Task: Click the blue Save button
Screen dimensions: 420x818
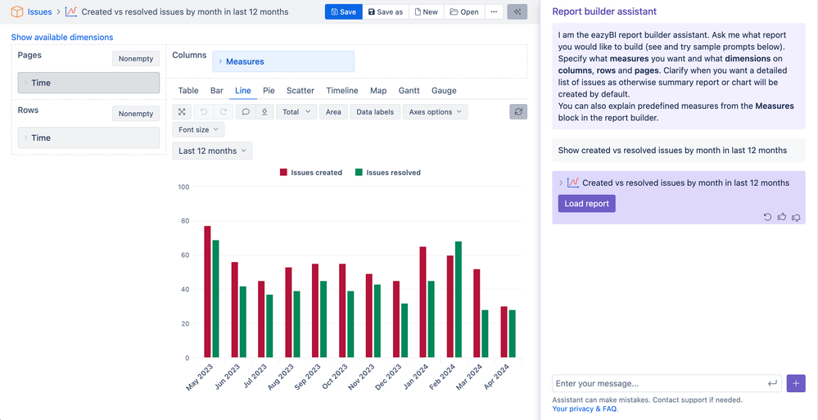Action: pyautogui.click(x=344, y=12)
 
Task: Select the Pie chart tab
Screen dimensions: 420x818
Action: pyautogui.click(x=269, y=91)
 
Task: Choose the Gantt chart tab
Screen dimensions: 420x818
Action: pyautogui.click(x=409, y=91)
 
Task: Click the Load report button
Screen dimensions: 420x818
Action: pyautogui.click(x=586, y=203)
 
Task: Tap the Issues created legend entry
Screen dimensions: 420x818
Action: pyautogui.click(x=310, y=173)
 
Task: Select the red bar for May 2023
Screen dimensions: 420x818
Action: pyautogui.click(x=208, y=291)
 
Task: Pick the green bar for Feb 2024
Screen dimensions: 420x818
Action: pyautogui.click(x=459, y=300)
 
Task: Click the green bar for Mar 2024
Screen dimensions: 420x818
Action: pyautogui.click(x=486, y=334)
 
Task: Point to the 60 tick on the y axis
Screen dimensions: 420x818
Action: pyautogui.click(x=184, y=255)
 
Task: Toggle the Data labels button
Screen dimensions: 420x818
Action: pyautogui.click(x=374, y=112)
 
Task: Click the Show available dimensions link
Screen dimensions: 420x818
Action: pyautogui.click(x=62, y=38)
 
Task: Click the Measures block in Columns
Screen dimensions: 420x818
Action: pyautogui.click(x=283, y=61)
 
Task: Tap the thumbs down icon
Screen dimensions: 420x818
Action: pyautogui.click(x=796, y=217)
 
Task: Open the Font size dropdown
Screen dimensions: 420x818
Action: pyautogui.click(x=198, y=129)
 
